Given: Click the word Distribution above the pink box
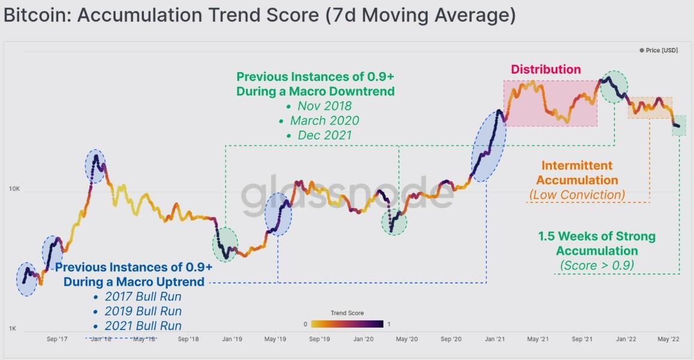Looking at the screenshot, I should (545, 69).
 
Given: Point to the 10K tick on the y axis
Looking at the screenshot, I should (15, 189).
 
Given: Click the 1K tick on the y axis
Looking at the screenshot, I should (13, 329).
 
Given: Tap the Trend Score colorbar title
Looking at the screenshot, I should (347, 313).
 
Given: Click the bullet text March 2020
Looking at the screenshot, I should (324, 120).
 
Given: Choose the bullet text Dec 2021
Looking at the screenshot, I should (324, 135).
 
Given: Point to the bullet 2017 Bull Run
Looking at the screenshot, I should (143, 297).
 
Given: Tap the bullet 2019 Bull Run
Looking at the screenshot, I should (143, 311).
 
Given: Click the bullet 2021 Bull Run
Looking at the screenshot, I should (143, 326).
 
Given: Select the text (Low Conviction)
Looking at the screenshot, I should (577, 195).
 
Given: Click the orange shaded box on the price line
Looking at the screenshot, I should (650, 108).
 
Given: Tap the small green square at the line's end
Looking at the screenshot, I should (678, 126).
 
